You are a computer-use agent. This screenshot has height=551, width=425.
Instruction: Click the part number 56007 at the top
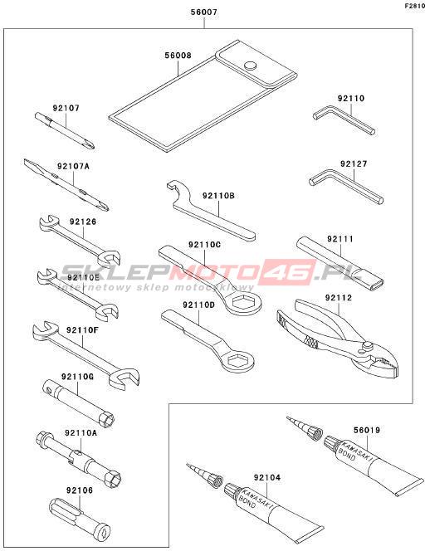204,12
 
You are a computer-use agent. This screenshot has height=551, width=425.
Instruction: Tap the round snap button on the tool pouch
251,66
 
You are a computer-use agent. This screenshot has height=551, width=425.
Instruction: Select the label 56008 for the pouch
178,56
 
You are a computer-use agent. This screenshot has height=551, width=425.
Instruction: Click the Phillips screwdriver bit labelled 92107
65,131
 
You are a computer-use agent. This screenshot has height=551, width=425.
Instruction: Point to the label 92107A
74,166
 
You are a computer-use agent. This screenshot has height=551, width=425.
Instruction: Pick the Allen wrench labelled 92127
346,186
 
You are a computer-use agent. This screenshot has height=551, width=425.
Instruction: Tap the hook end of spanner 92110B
178,194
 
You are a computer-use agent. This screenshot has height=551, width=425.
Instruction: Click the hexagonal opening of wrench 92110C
243,301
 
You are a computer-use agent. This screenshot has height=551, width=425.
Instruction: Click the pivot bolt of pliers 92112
368,345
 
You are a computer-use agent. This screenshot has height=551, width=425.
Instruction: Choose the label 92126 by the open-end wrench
83,222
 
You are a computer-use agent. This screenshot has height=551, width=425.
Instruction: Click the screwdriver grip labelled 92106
80,518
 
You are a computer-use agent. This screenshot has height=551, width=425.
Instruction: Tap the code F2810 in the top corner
414,6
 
